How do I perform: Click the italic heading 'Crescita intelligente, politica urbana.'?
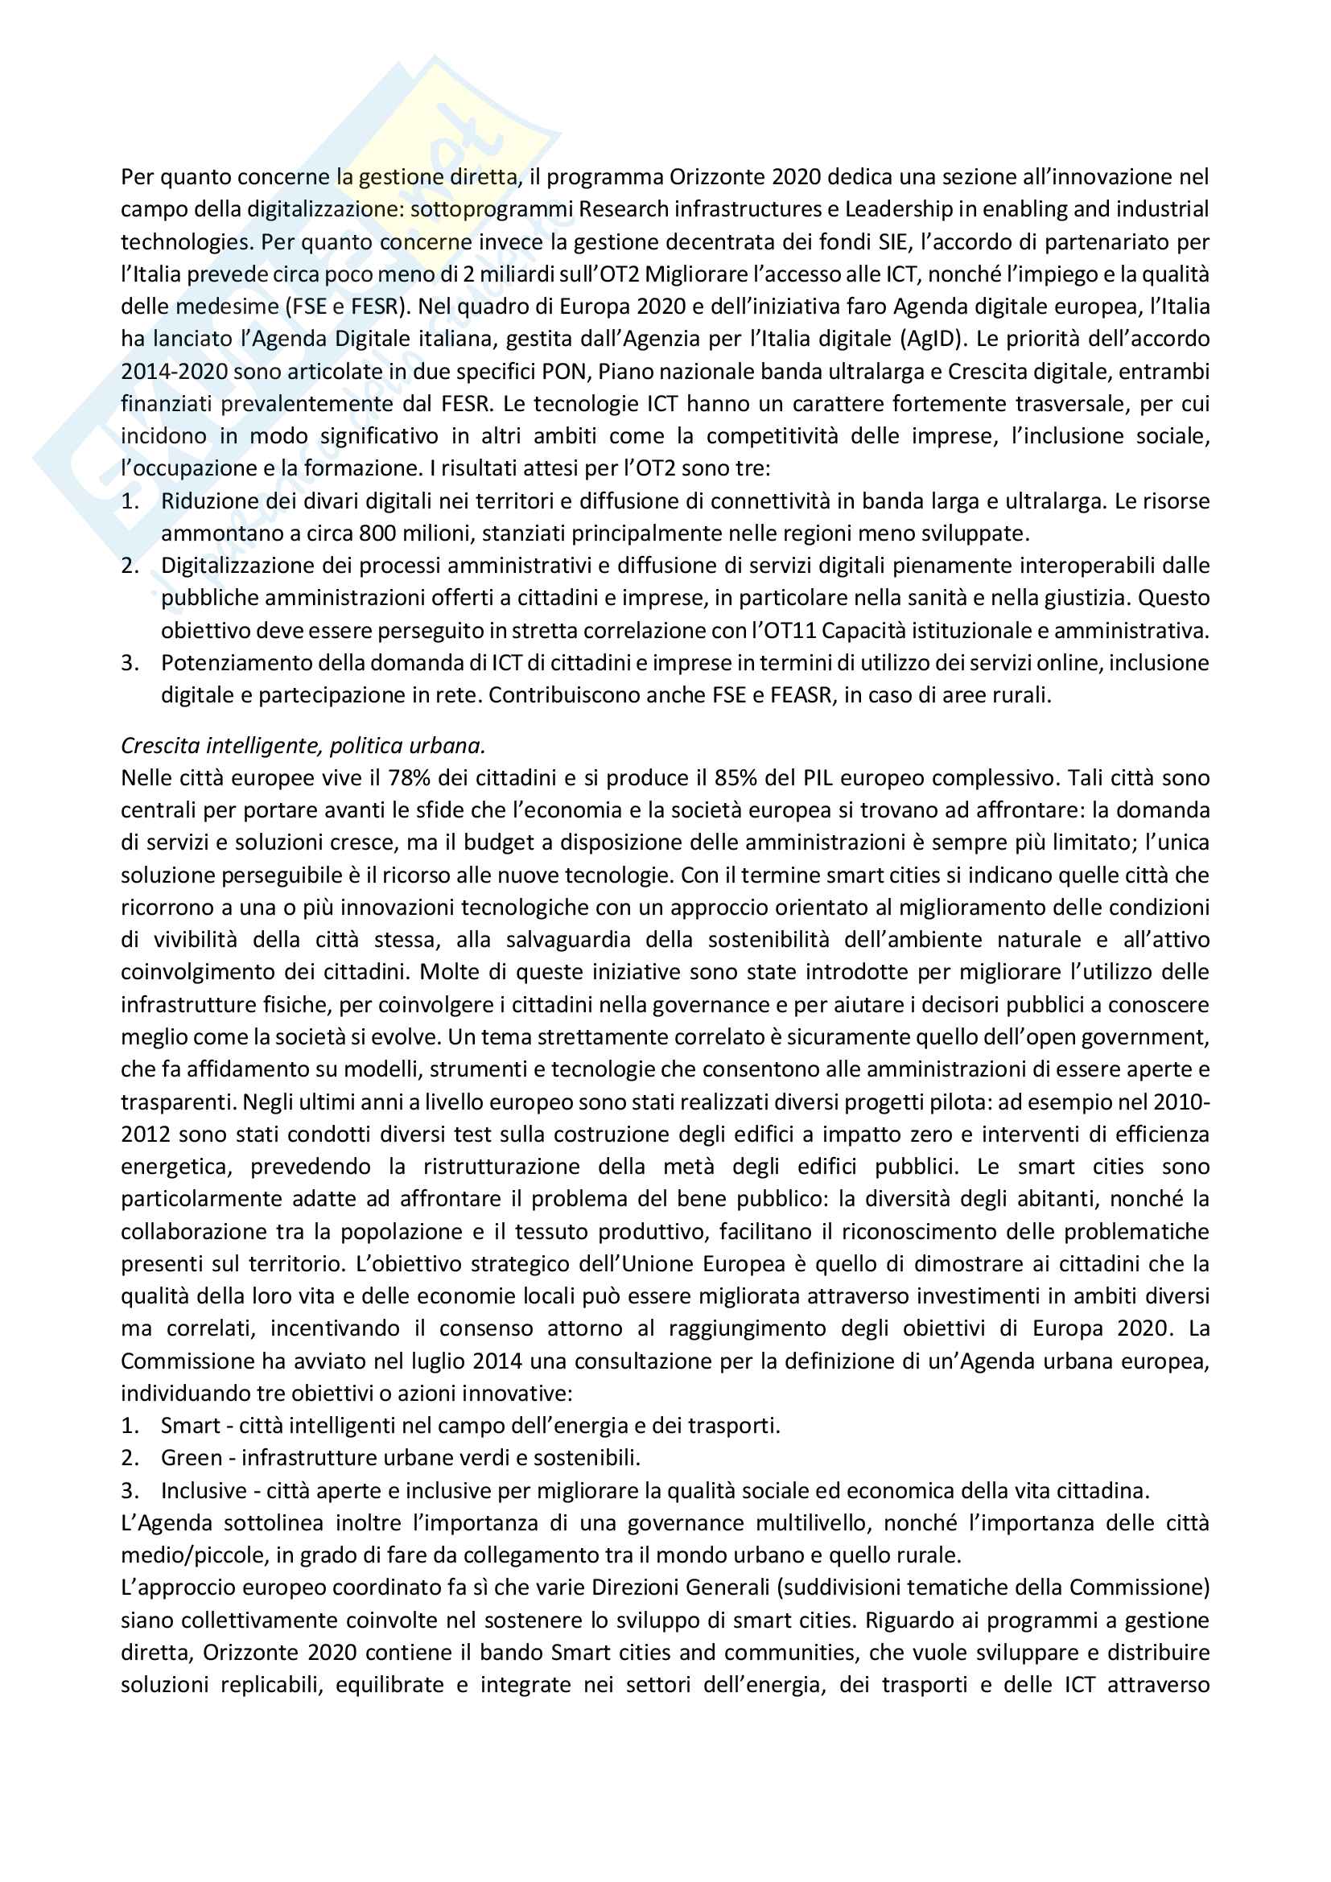click(303, 745)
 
